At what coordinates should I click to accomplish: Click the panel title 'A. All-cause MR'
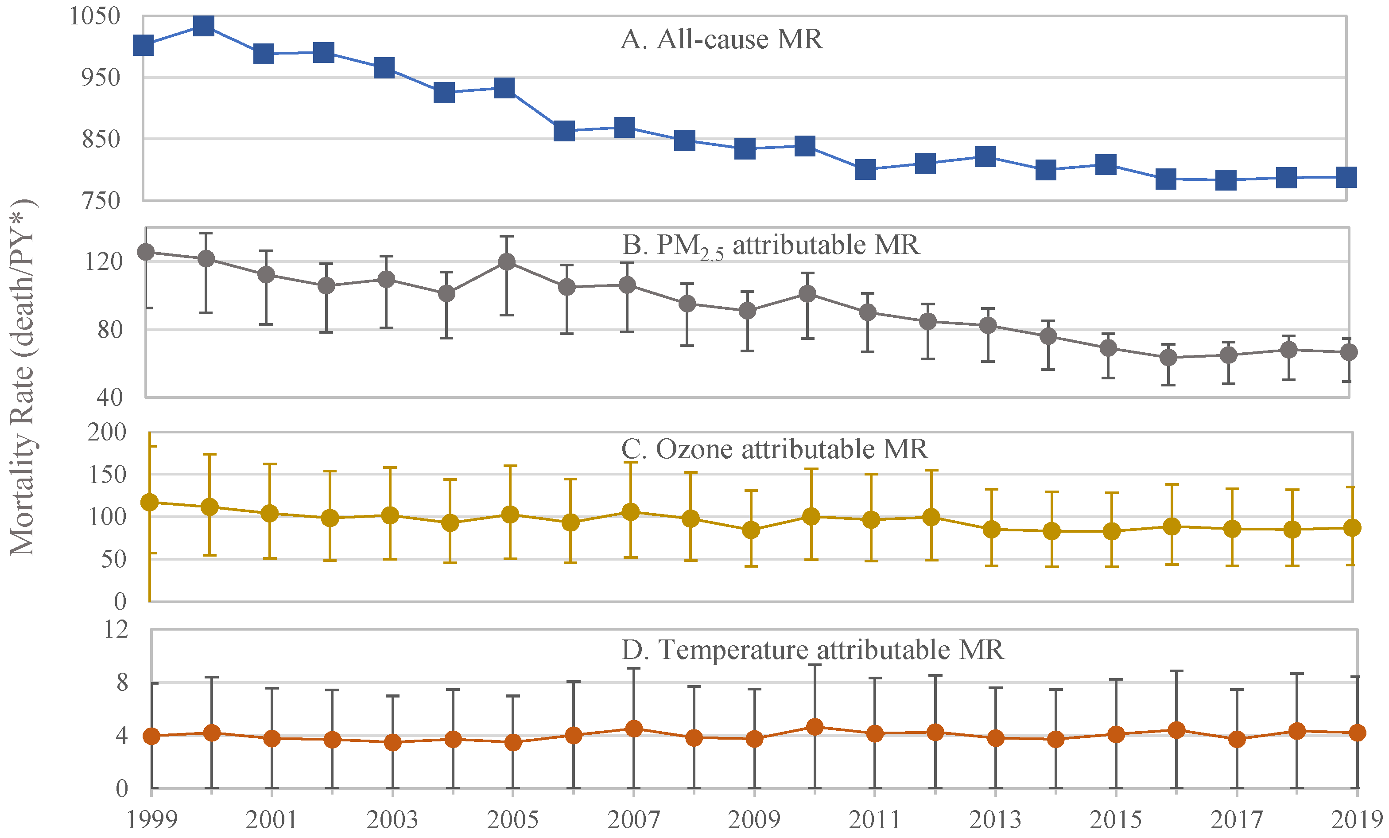click(x=722, y=40)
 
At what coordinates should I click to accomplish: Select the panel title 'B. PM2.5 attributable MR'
click(x=770, y=246)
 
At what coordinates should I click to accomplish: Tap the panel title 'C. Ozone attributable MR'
click(x=775, y=449)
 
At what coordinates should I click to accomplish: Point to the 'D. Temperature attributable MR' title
click(x=812, y=650)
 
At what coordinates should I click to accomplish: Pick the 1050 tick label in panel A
click(x=94, y=16)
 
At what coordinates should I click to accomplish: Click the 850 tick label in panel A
click(x=101, y=139)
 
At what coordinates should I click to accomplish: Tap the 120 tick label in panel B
click(x=103, y=261)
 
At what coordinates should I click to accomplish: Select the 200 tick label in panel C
click(x=107, y=432)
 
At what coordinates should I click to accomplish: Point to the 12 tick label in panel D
click(x=116, y=629)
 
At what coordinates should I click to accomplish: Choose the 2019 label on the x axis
click(x=1356, y=819)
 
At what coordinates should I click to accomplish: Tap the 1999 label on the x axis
click(x=151, y=819)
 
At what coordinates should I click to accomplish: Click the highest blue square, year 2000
click(x=203, y=25)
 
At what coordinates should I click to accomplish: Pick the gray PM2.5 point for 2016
click(x=1168, y=358)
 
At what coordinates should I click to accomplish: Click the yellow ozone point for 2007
click(x=630, y=512)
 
